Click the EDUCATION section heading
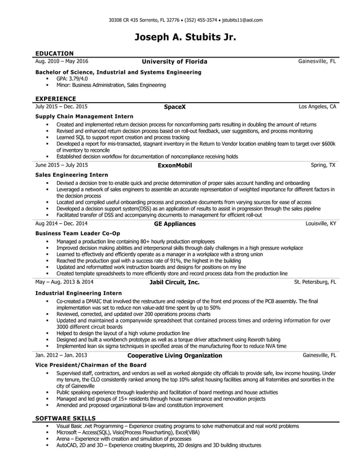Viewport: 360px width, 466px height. [54, 53]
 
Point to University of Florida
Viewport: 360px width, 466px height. [174, 61]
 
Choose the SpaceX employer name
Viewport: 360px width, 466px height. [174, 106]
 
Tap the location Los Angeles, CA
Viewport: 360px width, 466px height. [317, 106]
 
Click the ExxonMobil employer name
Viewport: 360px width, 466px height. [174, 165]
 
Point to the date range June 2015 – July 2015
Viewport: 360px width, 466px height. [62, 165]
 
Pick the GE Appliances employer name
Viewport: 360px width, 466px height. [174, 224]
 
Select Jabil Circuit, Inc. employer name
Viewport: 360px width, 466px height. [174, 282]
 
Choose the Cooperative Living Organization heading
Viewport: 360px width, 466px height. [174, 356]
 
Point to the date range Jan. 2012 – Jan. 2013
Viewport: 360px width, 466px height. [61, 356]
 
